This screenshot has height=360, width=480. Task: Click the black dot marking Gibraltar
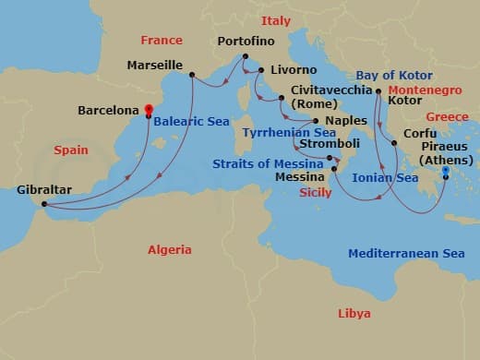[44, 205]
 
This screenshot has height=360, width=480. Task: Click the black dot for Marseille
[191, 76]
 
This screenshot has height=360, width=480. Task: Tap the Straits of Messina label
[263, 162]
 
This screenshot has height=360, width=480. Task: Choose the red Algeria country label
[170, 250]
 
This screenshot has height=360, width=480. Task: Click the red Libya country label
[354, 313]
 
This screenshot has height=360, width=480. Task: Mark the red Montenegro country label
[423, 90]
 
